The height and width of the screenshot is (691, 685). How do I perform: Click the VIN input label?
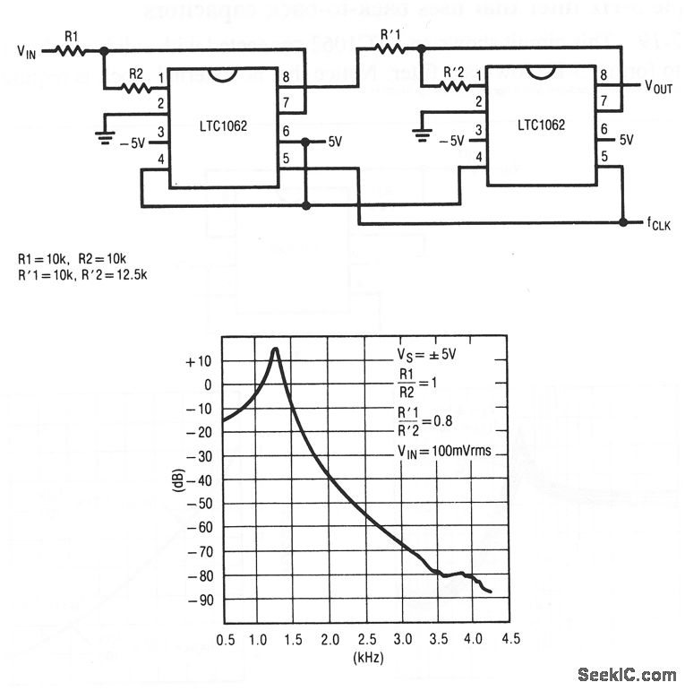coord(27,53)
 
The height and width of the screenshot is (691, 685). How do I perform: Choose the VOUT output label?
coord(659,87)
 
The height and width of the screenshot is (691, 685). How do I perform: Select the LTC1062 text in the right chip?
coord(541,125)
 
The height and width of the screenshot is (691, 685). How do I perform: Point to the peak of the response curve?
coord(276,349)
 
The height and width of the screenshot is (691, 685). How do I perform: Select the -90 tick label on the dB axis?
coord(199,599)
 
